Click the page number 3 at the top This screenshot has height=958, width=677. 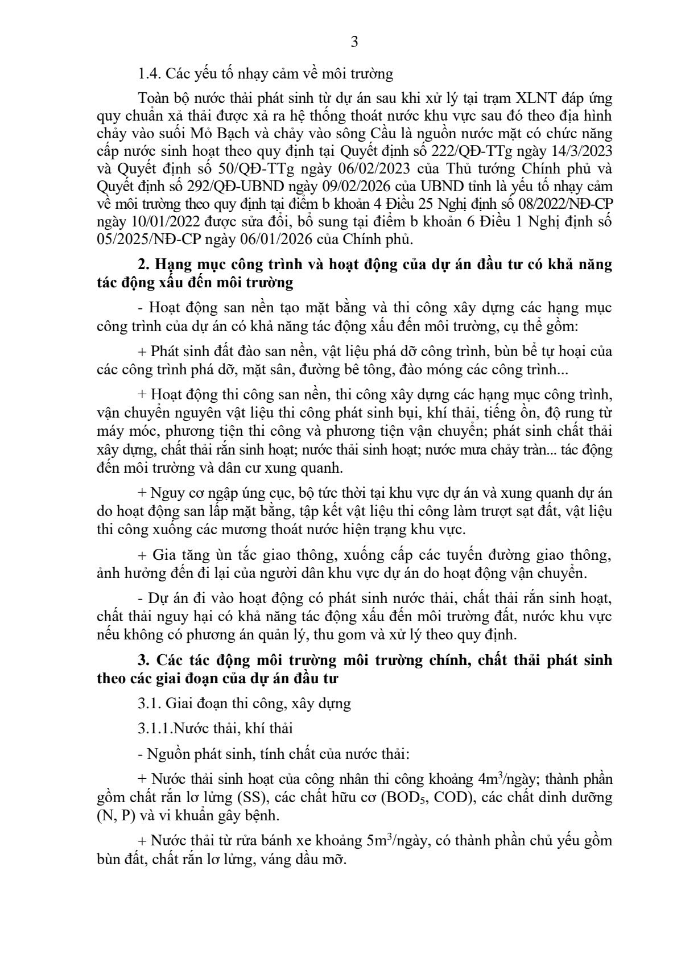[354, 42]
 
